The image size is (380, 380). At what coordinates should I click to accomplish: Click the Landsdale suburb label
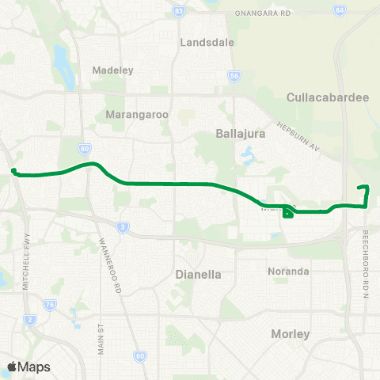tap(207, 42)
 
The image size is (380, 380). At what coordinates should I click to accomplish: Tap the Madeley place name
tap(114, 70)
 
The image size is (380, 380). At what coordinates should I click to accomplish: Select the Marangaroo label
tap(137, 115)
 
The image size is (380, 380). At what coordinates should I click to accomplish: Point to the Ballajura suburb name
tap(239, 134)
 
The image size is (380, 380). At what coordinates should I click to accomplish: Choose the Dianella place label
tap(197, 275)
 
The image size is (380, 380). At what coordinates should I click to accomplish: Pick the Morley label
tap(290, 334)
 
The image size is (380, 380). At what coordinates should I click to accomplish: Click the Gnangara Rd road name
tap(263, 14)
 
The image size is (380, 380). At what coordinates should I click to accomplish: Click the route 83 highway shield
tap(180, 11)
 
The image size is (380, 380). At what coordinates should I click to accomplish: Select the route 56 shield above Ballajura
tap(234, 77)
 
